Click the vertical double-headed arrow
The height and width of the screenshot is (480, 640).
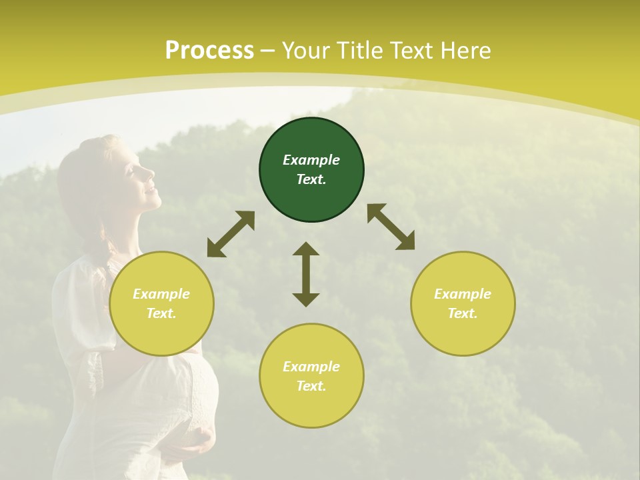pos(306,274)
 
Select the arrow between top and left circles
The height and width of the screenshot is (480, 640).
pos(231,234)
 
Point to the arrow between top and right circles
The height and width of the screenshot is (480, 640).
pos(391,227)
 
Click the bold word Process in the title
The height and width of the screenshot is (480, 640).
pos(209,51)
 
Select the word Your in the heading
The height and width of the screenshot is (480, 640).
pos(306,51)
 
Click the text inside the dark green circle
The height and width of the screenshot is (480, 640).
pos(311,169)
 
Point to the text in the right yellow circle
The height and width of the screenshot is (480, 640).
pos(463,303)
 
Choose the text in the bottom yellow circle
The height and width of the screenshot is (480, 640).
pos(311,376)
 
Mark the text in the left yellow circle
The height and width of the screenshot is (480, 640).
pos(161,303)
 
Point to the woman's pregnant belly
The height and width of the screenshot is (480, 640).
pos(193,393)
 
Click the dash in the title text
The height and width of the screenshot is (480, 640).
pos(268,51)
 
